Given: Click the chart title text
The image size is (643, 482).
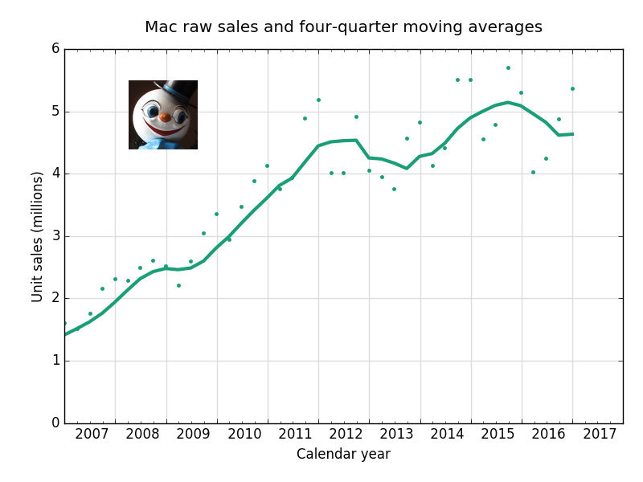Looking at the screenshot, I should [x=343, y=27].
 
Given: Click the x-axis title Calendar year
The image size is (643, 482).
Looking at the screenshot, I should [x=343, y=455].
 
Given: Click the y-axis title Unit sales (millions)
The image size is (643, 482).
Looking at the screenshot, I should [x=38, y=236].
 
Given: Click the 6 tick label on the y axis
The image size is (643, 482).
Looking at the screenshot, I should [x=55, y=49].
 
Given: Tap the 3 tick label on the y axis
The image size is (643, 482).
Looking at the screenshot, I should [x=55, y=236].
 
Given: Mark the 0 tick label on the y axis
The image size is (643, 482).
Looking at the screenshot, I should [x=55, y=423].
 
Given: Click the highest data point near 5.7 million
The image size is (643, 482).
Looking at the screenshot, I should [x=508, y=67].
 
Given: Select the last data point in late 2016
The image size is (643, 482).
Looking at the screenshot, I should [x=572, y=88].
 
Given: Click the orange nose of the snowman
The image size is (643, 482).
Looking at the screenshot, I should [x=165, y=117].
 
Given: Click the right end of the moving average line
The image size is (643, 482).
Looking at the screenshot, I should [x=572, y=134].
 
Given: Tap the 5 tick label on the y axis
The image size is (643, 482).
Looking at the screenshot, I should [x=55, y=112].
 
